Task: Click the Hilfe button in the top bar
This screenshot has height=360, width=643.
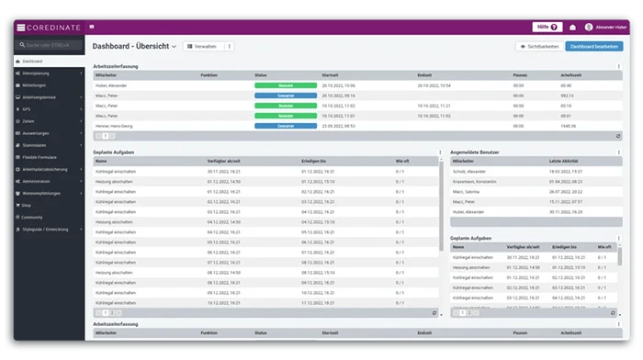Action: [x=547, y=27]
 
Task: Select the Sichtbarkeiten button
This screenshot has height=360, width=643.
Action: [x=537, y=46]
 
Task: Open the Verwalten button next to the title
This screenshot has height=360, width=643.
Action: [x=205, y=46]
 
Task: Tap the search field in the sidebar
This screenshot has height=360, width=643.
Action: [x=51, y=45]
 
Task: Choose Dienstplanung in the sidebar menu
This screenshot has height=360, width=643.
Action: [x=36, y=73]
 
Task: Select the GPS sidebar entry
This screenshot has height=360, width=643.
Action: [x=28, y=108]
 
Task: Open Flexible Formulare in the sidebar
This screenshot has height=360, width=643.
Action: [x=41, y=157]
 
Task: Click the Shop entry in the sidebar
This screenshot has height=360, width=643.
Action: [x=27, y=205]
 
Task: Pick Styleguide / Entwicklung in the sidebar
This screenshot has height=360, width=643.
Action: [x=47, y=229]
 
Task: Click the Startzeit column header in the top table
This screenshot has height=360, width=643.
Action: [x=332, y=74]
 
